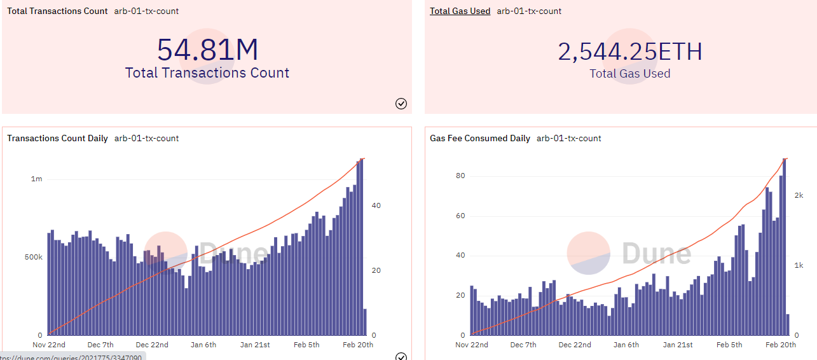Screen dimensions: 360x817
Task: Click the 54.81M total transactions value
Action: pyautogui.click(x=207, y=50)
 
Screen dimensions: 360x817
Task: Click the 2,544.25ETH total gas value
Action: pyautogui.click(x=629, y=52)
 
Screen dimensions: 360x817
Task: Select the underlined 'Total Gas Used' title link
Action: pyautogui.click(x=460, y=11)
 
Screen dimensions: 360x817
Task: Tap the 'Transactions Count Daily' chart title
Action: pyautogui.click(x=57, y=138)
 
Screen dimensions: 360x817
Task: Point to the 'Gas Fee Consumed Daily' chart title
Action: pyautogui.click(x=479, y=138)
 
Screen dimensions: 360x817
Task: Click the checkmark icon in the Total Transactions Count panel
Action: pyautogui.click(x=401, y=104)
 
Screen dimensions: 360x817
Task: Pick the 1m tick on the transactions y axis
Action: pyautogui.click(x=37, y=179)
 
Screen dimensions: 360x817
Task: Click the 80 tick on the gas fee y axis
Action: pyautogui.click(x=460, y=176)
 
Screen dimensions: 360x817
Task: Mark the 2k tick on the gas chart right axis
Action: pyautogui.click(x=799, y=195)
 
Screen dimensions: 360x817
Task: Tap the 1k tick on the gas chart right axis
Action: pyautogui.click(x=799, y=265)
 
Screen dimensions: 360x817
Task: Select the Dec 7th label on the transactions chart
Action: pyautogui.click(x=100, y=345)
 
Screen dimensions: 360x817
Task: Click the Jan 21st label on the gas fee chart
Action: pyautogui.click(x=678, y=345)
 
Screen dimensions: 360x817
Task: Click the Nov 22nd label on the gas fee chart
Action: pyautogui.click(x=472, y=345)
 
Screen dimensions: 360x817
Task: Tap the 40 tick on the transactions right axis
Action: pyautogui.click(x=376, y=205)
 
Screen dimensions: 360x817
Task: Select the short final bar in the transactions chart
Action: pyautogui.click(x=365, y=322)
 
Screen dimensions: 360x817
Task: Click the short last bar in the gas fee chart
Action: pyautogui.click(x=788, y=325)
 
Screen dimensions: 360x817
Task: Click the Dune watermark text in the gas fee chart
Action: pyautogui.click(x=656, y=253)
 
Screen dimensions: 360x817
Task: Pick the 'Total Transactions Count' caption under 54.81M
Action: pyautogui.click(x=207, y=73)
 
